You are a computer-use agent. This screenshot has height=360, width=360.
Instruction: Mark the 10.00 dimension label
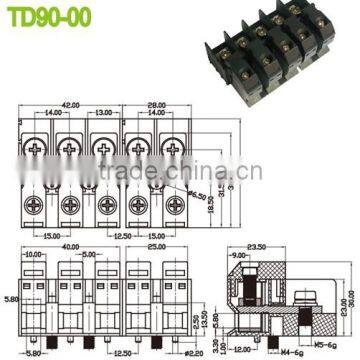pos(31,256)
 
